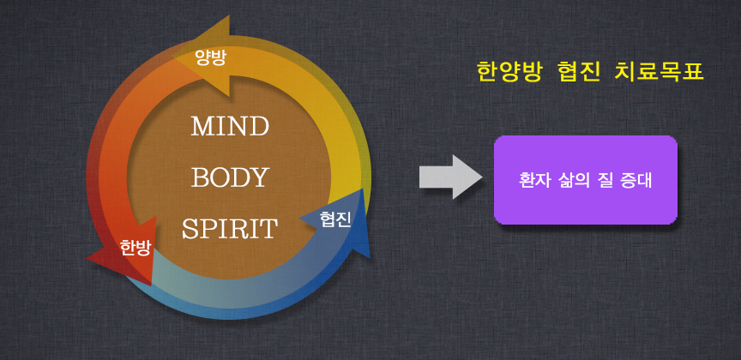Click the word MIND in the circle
(x=230, y=126)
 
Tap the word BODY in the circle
(x=230, y=177)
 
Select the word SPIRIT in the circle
(x=230, y=229)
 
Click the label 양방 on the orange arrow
(x=211, y=58)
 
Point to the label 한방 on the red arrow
(x=136, y=248)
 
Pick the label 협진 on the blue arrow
(x=335, y=219)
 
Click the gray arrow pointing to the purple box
(x=451, y=177)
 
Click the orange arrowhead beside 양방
(x=208, y=57)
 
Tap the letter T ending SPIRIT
(x=268, y=229)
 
